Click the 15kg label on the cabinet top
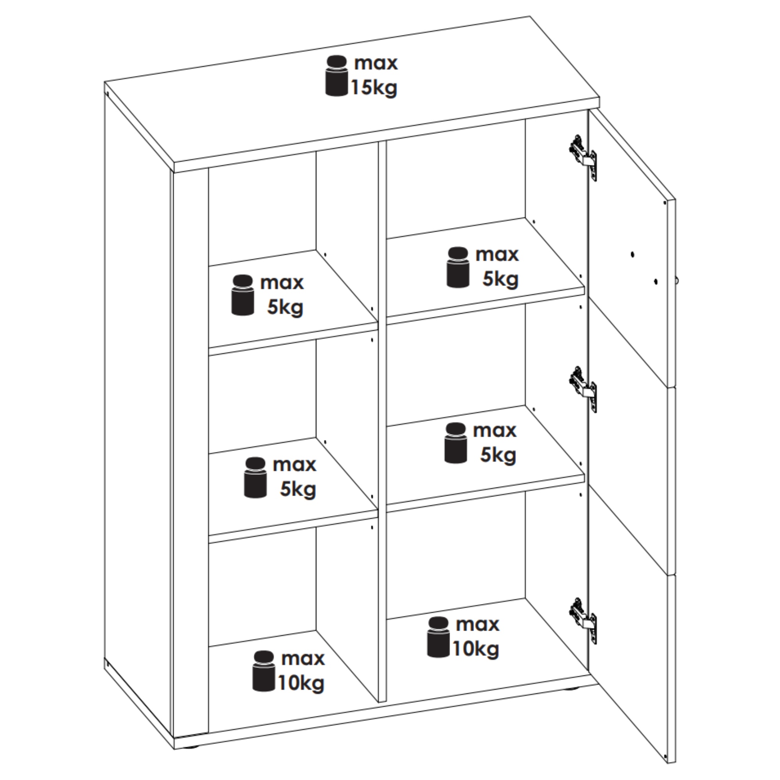pyautogui.click(x=374, y=88)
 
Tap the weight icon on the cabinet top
pyautogui.click(x=336, y=76)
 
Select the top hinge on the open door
pyautogui.click(x=583, y=158)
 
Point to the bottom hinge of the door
pyautogui.click(x=583, y=621)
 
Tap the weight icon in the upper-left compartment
pyautogui.click(x=242, y=295)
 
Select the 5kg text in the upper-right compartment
pyautogui.click(x=500, y=279)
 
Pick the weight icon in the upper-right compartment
pyautogui.click(x=458, y=267)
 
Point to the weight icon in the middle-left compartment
pyautogui.click(x=255, y=478)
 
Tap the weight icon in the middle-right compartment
pyautogui.click(x=456, y=443)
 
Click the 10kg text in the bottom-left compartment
pyautogui.click(x=301, y=684)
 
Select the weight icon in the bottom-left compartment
pyautogui.click(x=264, y=671)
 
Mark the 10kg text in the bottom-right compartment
pyautogui.click(x=475, y=649)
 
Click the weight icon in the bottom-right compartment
pyautogui.click(x=438, y=637)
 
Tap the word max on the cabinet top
pyautogui.click(x=376, y=64)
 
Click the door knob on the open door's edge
pyautogui.click(x=677, y=280)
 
